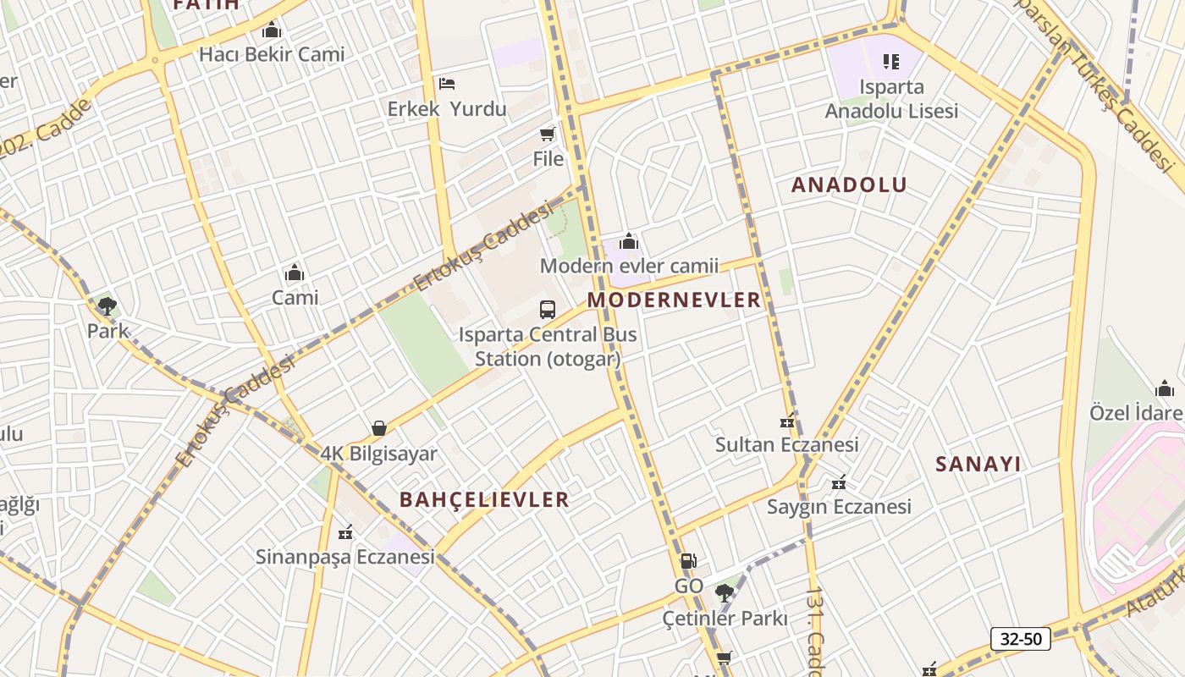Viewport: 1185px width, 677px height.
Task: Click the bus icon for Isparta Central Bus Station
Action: coord(548,310)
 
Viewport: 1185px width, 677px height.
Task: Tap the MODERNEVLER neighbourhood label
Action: coord(675,300)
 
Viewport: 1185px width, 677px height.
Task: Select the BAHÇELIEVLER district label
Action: coord(484,499)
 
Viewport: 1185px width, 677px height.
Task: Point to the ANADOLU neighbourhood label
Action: coord(849,184)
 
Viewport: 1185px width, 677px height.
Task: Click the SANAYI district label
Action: coord(978,464)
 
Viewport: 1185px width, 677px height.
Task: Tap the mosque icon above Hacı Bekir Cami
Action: coord(271,30)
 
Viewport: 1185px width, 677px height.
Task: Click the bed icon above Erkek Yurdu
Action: coord(447,84)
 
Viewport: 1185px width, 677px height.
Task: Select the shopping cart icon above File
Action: coord(548,134)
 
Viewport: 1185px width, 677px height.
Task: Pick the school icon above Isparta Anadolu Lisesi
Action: coord(891,62)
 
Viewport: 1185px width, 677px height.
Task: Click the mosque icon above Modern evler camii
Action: coord(629,241)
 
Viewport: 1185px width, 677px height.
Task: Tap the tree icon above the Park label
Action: coord(107,305)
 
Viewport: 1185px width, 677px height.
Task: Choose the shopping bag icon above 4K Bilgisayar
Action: coord(378,429)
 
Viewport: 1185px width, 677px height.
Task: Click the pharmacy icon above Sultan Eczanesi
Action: coord(787,421)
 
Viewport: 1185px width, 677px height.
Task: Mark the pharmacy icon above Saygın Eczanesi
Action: coord(839,482)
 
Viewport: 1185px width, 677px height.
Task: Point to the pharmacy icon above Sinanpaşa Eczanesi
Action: coord(344,532)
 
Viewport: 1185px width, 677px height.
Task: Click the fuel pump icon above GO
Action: coord(688,561)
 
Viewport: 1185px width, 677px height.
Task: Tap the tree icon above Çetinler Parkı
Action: coord(724,592)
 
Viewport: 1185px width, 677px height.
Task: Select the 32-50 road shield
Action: coord(1021,638)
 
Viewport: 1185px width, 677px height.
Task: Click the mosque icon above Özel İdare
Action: coord(1165,388)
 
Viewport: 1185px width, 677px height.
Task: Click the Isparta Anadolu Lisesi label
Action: coord(891,99)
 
